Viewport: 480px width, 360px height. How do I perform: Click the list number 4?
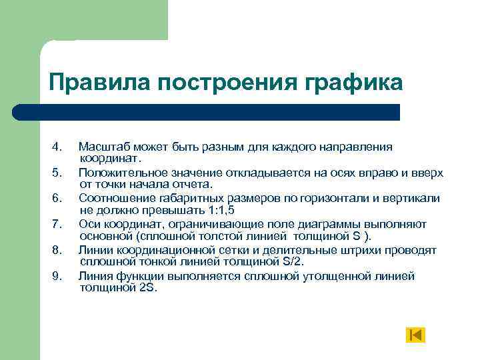(x=57, y=147)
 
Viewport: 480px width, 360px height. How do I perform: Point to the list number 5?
(x=57, y=173)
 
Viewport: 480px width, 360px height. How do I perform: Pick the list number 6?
(x=57, y=198)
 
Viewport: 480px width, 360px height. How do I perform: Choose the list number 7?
(x=57, y=224)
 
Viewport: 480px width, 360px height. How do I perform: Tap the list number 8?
(x=57, y=250)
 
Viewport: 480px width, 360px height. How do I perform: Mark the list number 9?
(x=57, y=276)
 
